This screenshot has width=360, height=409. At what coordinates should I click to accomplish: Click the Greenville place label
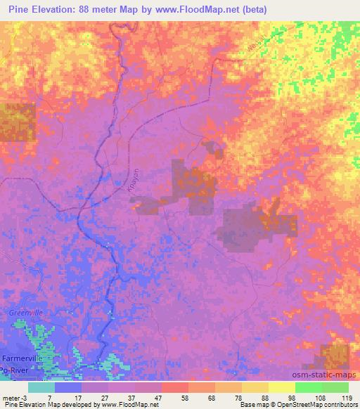pyautogui.click(x=25, y=313)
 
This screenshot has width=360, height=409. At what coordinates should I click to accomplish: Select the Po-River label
pyautogui.click(x=14, y=370)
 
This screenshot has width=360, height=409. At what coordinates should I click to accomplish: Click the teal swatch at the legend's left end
pyautogui.click(x=41, y=387)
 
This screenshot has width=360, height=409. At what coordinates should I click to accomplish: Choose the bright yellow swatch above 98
pyautogui.click(x=281, y=387)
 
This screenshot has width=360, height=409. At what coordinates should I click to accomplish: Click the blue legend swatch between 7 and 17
pyautogui.click(x=69, y=387)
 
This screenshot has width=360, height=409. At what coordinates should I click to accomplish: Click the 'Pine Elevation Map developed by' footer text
pyautogui.click(x=42, y=405)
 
